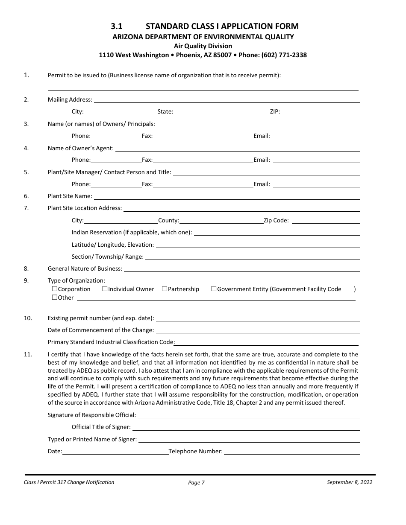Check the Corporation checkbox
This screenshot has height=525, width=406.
pos(55,289)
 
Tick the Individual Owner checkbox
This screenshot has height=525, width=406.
pos(105,289)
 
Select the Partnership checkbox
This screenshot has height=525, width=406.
pos(165,289)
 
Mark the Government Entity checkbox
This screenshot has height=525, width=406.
pos(214,289)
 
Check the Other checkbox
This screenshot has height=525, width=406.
pos(55,297)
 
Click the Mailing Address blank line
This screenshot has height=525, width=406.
pos(227,101)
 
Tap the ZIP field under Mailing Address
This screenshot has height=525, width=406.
pos(321,113)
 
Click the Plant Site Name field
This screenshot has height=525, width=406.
pos(227,197)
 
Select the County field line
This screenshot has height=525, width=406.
pos(221,222)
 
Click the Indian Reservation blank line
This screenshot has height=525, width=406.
pos(277,234)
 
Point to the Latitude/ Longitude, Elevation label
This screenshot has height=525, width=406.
pos(113,245)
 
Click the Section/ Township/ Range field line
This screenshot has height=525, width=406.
pos(252,258)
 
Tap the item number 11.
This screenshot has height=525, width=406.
pos(28,354)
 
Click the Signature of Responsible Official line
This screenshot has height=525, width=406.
pos(249,416)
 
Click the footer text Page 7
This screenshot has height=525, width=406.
pos(197,483)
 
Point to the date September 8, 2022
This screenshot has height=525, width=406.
pos(349,482)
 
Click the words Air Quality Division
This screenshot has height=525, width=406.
pos(203,46)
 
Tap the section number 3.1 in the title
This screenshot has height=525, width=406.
pos(117,26)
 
